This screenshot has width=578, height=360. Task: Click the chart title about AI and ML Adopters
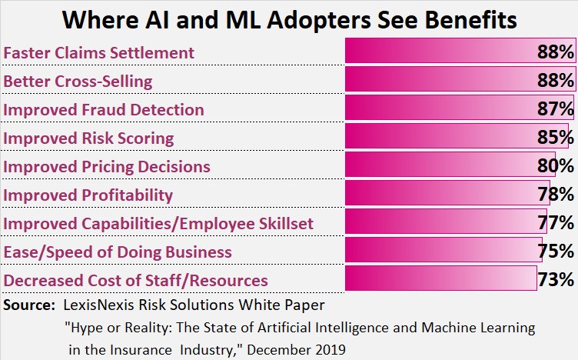click(x=289, y=18)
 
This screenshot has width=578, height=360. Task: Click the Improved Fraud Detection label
click(x=104, y=109)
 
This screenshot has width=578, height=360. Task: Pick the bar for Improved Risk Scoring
click(x=438, y=138)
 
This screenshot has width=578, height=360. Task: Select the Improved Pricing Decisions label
click(x=107, y=166)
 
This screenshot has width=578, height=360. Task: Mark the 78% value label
click(x=556, y=195)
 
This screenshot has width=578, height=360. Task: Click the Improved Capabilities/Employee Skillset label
click(x=158, y=223)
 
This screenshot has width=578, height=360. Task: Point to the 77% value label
click(x=556, y=223)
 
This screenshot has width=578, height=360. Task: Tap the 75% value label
click(x=556, y=252)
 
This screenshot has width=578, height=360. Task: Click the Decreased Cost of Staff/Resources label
click(x=136, y=280)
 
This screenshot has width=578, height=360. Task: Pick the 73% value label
click(x=556, y=279)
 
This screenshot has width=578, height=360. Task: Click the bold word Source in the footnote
click(x=27, y=305)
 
